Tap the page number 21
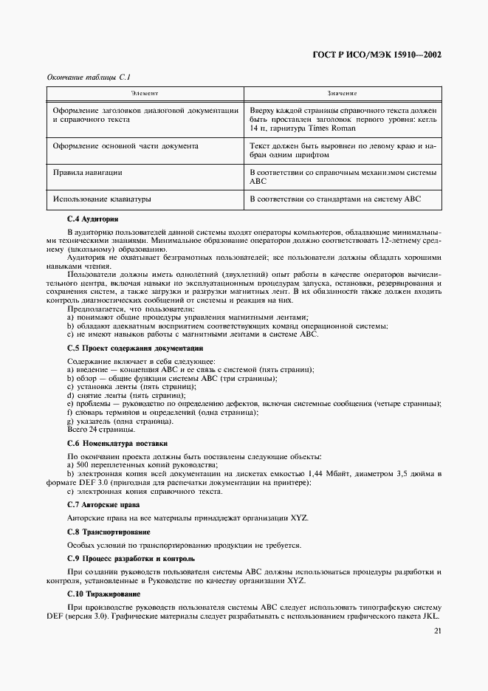click(438, 630)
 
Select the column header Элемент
click(145, 94)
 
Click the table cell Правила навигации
click(87, 172)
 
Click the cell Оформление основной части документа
click(126, 145)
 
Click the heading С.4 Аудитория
click(92, 219)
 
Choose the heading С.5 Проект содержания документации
click(135, 348)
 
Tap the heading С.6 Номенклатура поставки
click(117, 444)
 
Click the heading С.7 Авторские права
click(104, 504)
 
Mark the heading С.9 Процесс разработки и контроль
click(131, 559)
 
